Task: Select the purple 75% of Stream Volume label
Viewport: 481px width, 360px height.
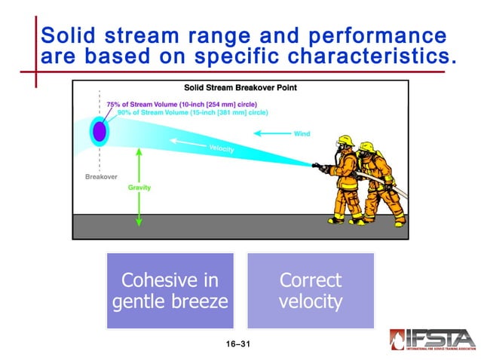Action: pos(163,104)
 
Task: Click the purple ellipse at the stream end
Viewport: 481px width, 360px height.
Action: pos(100,131)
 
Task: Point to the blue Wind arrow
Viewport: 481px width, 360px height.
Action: pos(272,133)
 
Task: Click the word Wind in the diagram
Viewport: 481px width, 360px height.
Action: pos(302,133)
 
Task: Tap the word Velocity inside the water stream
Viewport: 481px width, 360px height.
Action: pos(222,149)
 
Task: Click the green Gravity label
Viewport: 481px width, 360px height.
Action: pos(139,188)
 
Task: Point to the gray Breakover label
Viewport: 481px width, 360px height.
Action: pos(100,177)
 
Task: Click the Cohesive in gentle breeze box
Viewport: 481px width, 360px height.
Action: pos(170,291)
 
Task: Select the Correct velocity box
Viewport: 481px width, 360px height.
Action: pos(310,291)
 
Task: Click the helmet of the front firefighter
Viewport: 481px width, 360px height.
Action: pos(346,141)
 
